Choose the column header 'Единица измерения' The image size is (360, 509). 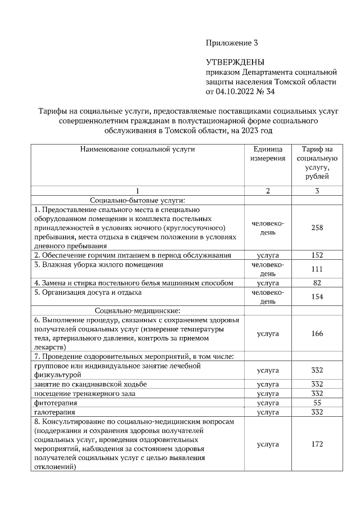[268, 154]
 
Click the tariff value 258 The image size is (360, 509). [317, 228]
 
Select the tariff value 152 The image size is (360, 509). [317, 255]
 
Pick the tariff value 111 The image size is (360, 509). [317, 269]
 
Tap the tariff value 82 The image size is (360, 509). [317, 283]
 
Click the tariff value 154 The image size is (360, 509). [317, 296]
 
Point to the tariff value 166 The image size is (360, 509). [317, 334]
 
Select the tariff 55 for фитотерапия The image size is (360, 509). [317, 403]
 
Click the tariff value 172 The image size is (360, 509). [317, 444]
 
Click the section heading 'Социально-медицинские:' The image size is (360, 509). [137, 310]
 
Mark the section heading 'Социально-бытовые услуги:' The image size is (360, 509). [137, 200]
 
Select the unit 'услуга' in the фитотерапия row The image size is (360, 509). [268, 403]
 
